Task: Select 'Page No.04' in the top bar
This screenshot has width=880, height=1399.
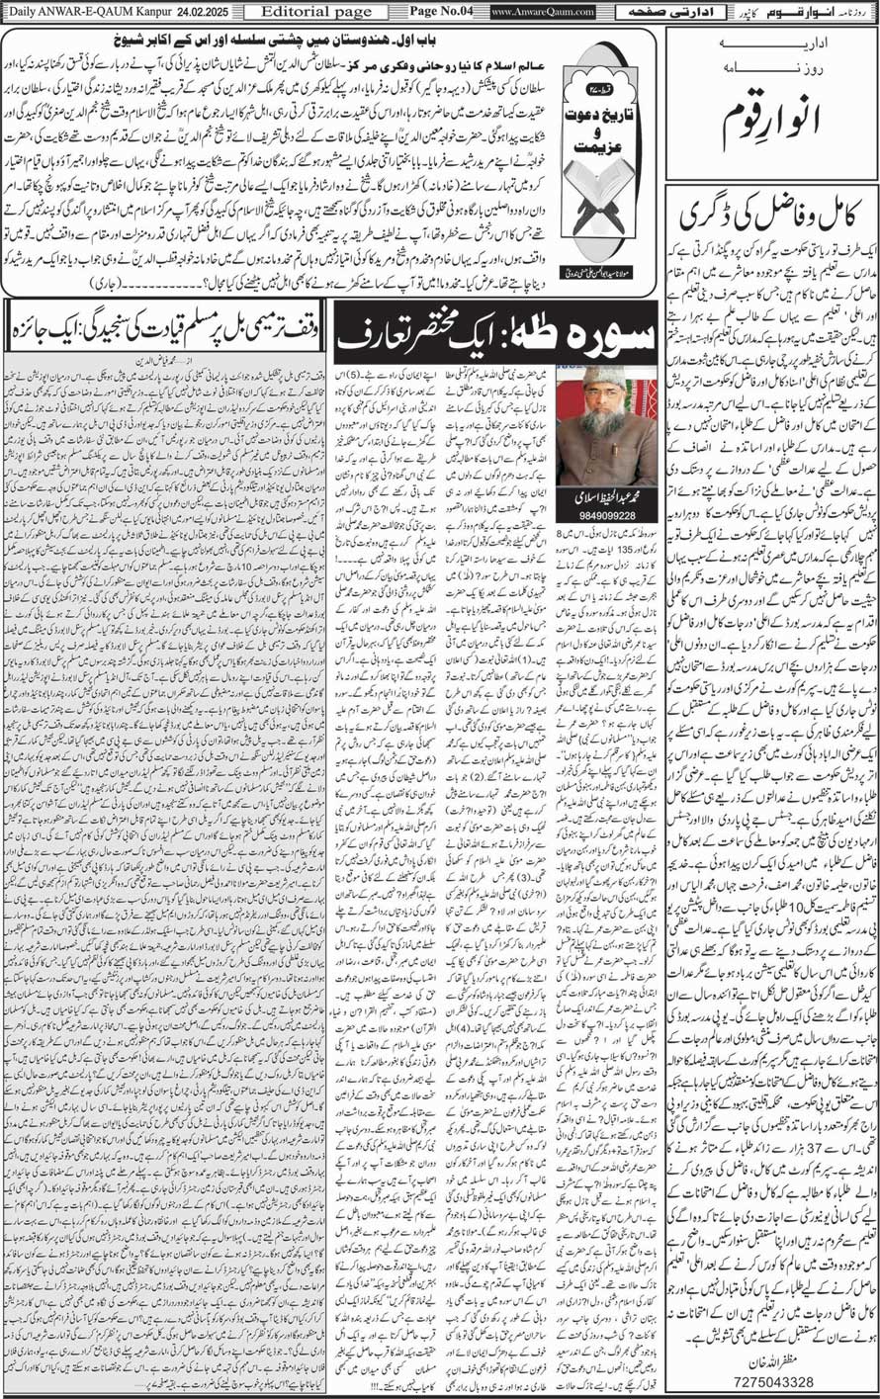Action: click(x=440, y=11)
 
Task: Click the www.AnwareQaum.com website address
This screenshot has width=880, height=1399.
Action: click(x=543, y=11)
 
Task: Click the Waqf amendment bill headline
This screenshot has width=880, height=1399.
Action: click(x=165, y=321)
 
